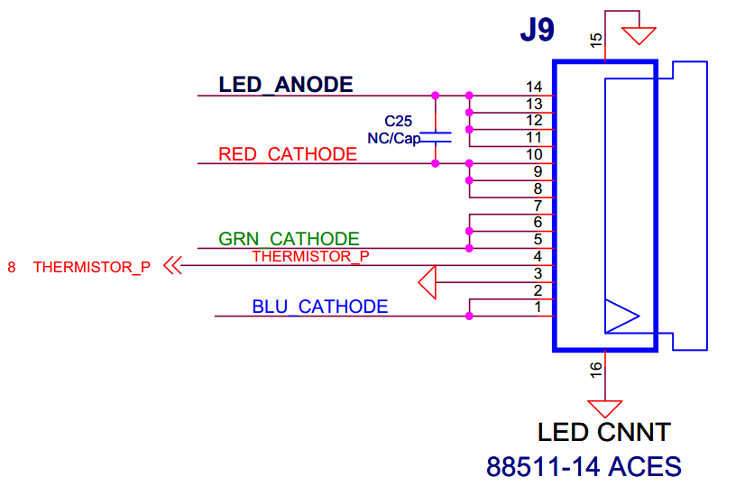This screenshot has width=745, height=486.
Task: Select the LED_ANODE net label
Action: [x=285, y=85]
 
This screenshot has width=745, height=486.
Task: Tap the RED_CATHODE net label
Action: [x=288, y=154]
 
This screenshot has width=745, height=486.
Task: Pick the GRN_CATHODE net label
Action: [x=289, y=239]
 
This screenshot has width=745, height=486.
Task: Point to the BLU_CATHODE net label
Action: [x=320, y=307]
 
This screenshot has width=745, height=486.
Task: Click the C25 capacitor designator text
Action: [x=398, y=121]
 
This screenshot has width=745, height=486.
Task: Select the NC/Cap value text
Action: [x=393, y=138]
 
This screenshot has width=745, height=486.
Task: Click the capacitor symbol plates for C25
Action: [x=437, y=137]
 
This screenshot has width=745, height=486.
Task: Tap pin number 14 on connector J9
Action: [x=534, y=87]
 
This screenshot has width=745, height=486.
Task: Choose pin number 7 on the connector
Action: [x=538, y=206]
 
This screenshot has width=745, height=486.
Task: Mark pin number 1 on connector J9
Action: [x=538, y=307]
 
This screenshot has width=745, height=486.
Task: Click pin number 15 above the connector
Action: [x=595, y=39]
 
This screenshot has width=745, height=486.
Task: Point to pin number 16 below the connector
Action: [x=595, y=369]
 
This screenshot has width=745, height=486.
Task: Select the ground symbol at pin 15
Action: [x=640, y=34]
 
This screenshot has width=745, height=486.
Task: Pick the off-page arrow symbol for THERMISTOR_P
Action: [x=172, y=266]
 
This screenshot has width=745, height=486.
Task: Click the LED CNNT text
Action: [x=603, y=433]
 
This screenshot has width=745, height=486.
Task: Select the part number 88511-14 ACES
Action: [x=584, y=467]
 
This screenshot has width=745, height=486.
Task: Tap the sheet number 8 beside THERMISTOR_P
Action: [x=12, y=267]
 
